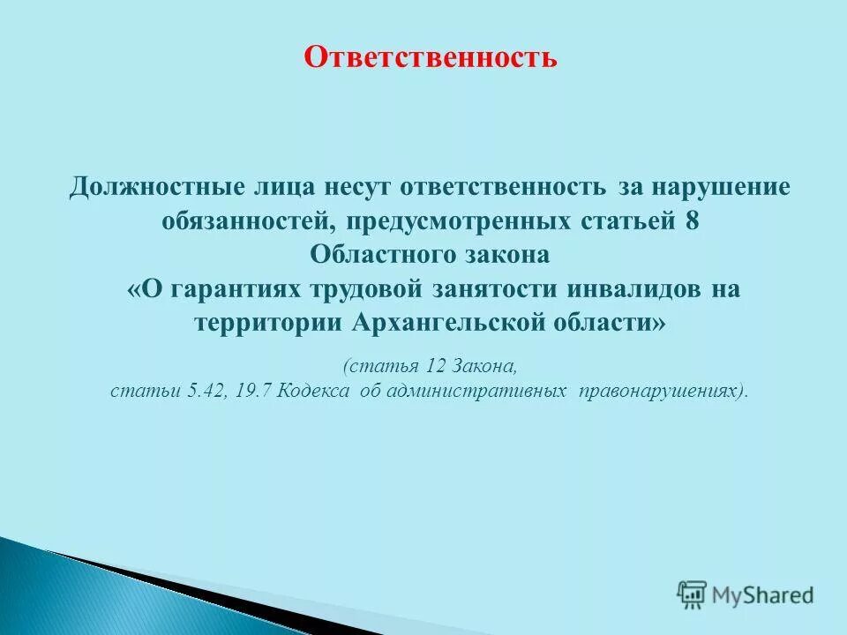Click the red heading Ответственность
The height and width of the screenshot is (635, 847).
tap(431, 57)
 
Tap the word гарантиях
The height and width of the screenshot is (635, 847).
tap(229, 289)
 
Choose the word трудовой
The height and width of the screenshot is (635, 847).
tap(362, 289)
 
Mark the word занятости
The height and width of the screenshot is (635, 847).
tap(498, 289)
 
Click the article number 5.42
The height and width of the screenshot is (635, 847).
tap(206, 391)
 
